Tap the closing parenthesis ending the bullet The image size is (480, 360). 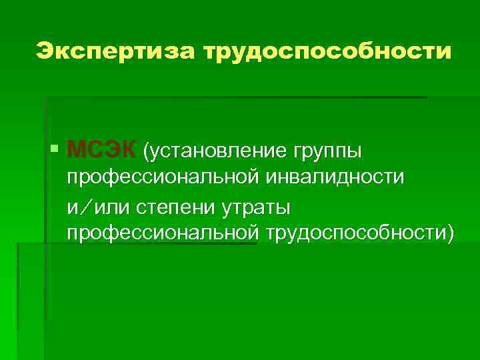(450, 233)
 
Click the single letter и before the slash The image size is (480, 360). (72, 208)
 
